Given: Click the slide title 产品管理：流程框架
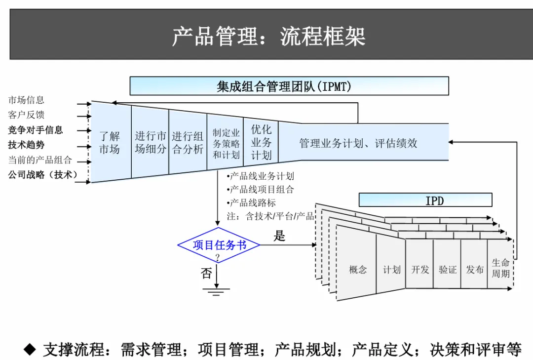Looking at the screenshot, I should coord(268,37).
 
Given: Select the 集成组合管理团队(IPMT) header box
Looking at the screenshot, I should coord(289,86).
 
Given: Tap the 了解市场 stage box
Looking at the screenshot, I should coord(110,143).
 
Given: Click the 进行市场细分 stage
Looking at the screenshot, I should coord(150,142).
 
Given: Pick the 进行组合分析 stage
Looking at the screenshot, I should coord(188,143).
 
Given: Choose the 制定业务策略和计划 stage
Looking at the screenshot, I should coord(226,144).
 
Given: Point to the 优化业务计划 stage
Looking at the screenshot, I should coord(261,142).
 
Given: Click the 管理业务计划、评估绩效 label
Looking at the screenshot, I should coord(358,143).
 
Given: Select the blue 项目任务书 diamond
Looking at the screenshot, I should coord(219,245).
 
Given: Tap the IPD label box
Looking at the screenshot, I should coord(425,200).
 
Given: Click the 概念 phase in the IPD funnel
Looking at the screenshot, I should coord(358,270).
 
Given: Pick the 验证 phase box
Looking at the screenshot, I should coord(448,270).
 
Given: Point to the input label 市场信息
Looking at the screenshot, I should coord(26,100).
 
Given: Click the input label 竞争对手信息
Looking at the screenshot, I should coord(36,130).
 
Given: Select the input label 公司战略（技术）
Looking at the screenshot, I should coord(43,175).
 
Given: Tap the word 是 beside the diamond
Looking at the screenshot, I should coord(279,236).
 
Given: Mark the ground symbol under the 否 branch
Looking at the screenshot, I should coord(216,290).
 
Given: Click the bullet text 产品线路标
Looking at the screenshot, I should coord(253,203).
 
